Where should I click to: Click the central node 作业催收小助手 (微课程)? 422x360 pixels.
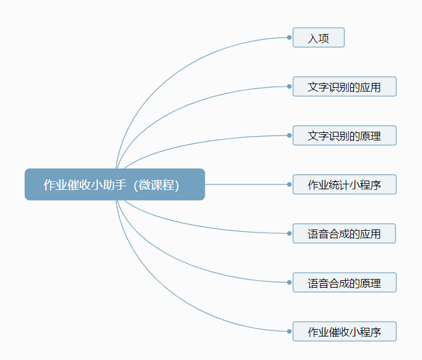114,184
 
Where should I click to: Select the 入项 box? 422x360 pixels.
319,37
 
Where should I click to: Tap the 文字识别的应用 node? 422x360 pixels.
345,87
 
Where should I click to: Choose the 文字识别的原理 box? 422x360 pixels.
345,135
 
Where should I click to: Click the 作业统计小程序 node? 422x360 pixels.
345,184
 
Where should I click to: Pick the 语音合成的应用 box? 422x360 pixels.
344,233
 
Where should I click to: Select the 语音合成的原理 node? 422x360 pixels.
345,282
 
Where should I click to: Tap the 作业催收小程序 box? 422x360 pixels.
345,331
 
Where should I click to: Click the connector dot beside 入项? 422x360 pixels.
290,37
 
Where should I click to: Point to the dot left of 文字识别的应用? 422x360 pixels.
290,87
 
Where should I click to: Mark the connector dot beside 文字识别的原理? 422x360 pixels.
290,135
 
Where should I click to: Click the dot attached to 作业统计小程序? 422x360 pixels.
290,184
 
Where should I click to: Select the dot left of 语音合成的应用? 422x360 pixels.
290,233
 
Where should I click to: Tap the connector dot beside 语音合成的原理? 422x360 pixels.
290,282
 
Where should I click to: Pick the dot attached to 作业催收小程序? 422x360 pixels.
290,331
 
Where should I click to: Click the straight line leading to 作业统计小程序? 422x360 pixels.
246,184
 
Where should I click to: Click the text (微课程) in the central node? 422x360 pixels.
157,185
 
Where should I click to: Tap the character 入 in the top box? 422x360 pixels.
312,38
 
